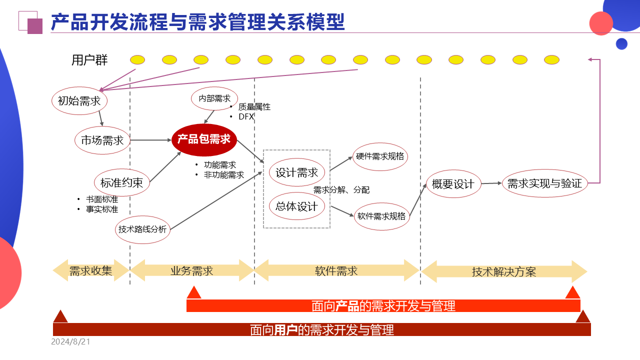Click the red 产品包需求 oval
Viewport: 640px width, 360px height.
[x=204, y=139]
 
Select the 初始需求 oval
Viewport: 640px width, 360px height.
[x=79, y=101]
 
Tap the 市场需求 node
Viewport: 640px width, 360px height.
[x=102, y=140]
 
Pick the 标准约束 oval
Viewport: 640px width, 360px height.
[x=122, y=183]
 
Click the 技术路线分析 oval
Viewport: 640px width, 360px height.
[x=142, y=229]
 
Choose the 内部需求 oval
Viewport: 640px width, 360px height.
[x=214, y=98]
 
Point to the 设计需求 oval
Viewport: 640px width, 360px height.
[x=297, y=173]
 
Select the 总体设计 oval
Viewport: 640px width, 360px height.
[x=297, y=206]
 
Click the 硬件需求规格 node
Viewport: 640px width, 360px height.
[x=380, y=156]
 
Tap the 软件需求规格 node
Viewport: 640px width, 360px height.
[x=381, y=216]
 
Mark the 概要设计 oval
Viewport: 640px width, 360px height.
[x=453, y=184]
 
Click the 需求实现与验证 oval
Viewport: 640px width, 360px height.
[x=544, y=183]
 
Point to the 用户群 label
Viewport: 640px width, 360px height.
[x=89, y=60]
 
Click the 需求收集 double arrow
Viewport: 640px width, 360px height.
[x=91, y=270]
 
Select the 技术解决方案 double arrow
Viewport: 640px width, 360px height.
[x=504, y=271]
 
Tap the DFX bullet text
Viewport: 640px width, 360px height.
[x=246, y=116]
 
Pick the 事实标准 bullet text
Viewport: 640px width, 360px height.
[x=102, y=209]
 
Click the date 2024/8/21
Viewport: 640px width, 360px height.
[x=70, y=342]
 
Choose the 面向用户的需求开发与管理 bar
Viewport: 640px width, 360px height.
[x=322, y=329]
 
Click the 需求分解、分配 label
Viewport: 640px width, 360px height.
[x=341, y=190]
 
